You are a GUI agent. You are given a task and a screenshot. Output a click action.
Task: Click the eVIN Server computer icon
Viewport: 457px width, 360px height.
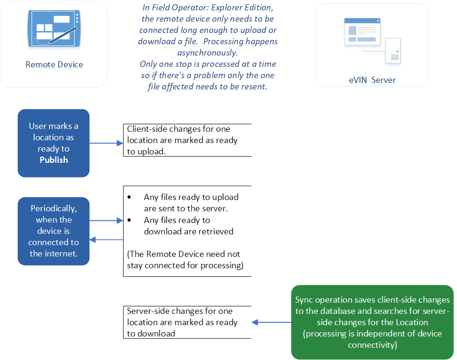[372, 40]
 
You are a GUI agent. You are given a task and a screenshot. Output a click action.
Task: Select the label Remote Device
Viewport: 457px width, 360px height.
[54, 65]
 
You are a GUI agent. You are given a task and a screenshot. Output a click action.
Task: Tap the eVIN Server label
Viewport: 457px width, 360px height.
[372, 80]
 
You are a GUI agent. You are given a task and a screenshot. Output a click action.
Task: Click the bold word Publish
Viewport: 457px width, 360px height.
[54, 160]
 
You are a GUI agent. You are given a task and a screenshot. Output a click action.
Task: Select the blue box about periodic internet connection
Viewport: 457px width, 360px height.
[54, 231]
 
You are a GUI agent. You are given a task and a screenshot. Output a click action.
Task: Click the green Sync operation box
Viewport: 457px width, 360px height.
[372, 322]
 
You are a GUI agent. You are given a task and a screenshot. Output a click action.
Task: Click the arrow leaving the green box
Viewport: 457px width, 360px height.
[271, 322]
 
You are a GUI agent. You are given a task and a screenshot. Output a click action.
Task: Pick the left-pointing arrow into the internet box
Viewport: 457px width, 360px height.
[106, 240]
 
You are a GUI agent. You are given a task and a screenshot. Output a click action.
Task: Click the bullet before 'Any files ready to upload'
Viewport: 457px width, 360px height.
[130, 197]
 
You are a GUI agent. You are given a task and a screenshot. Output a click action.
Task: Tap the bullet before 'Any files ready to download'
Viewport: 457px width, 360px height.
[130, 220]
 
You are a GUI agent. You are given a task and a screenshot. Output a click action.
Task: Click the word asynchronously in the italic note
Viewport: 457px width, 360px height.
[207, 52]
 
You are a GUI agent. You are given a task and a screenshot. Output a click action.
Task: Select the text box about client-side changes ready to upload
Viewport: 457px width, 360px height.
[187, 140]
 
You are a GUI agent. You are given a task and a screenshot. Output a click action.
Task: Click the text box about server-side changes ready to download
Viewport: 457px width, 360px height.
[187, 322]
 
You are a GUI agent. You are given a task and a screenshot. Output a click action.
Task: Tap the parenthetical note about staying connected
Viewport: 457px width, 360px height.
[184, 260]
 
